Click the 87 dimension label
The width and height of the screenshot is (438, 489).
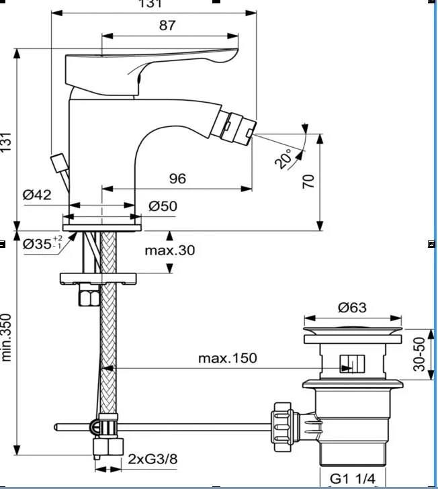(167, 26)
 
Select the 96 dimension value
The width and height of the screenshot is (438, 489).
(177, 179)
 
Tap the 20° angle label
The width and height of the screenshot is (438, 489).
(284, 159)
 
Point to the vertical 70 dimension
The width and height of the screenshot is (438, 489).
(308, 181)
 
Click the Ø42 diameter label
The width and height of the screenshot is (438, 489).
(37, 195)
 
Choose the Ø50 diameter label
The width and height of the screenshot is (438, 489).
(163, 206)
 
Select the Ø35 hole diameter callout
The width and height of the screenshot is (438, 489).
(43, 243)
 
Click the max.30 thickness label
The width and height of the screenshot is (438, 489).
(170, 250)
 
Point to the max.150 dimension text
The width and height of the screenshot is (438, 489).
(228, 358)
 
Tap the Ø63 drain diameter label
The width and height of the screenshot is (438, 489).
(352, 308)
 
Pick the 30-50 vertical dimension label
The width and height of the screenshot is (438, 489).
(419, 354)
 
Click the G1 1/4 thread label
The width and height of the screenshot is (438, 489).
(353, 479)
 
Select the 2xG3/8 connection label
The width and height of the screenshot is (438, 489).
(152, 459)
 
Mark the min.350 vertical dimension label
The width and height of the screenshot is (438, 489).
(6, 337)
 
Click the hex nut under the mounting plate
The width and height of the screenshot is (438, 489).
(89, 294)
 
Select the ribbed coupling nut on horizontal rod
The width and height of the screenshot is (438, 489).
(283, 427)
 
